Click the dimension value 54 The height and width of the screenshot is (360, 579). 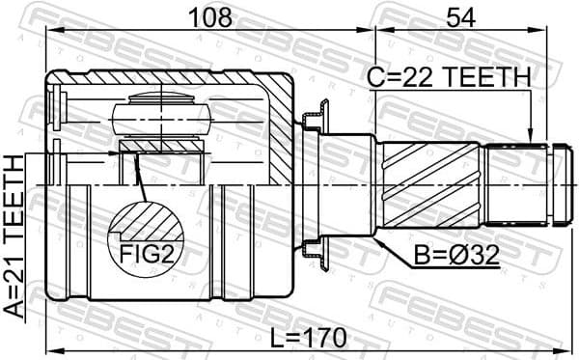coord(460,15)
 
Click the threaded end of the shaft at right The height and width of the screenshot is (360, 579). coord(522,184)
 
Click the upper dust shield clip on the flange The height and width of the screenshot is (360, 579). coord(313,122)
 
